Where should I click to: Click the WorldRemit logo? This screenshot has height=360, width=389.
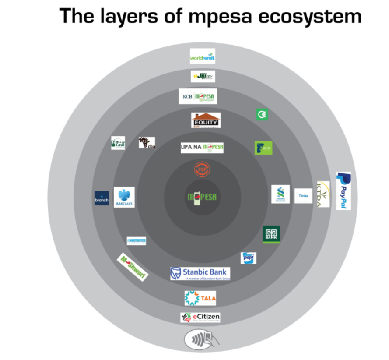tap(203, 56)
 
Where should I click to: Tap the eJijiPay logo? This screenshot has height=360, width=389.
tap(203, 77)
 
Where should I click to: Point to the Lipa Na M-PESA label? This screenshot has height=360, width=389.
tap(202, 148)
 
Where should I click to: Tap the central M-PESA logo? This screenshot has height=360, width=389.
tap(202, 198)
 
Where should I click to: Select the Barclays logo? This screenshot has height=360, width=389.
tap(124, 198)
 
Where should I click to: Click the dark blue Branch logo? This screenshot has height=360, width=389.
tap(102, 198)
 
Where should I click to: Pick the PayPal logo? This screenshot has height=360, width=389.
tap(343, 191)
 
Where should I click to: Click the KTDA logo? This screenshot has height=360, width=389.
tap(323, 194)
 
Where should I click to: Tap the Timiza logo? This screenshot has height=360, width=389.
tap(303, 195)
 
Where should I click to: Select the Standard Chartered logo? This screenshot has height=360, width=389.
tap(280, 194)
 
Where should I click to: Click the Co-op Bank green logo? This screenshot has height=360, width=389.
tap(271, 234)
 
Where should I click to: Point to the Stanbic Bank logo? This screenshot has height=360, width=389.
tap(200, 273)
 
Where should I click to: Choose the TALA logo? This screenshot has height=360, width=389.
tap(200, 298)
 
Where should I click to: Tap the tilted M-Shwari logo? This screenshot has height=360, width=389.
tap(133, 267)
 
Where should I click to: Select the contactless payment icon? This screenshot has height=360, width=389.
tap(201, 339)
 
